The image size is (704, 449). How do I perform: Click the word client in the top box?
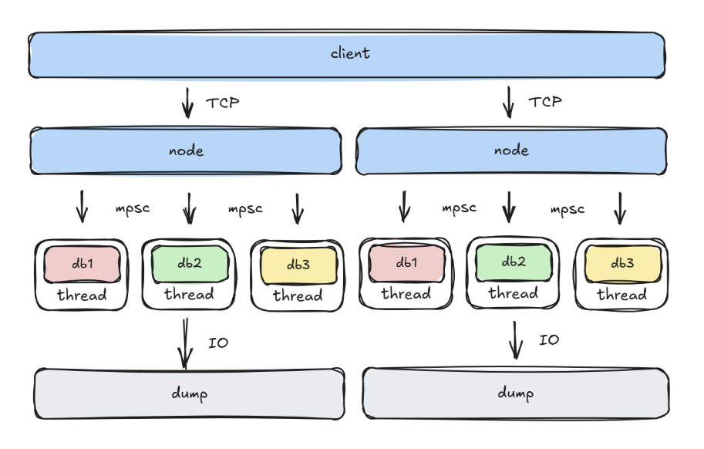(x=350, y=53)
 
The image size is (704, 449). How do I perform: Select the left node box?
(x=186, y=150)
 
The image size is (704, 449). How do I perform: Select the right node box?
(x=511, y=150)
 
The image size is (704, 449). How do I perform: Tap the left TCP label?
(x=222, y=103)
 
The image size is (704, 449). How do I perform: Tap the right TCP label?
(x=545, y=102)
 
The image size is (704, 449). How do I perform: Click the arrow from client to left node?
(x=187, y=103)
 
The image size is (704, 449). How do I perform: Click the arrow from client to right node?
(x=508, y=102)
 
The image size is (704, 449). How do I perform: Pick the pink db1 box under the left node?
(x=83, y=265)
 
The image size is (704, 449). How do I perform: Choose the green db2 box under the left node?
(x=190, y=263)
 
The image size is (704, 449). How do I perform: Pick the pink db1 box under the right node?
(x=406, y=263)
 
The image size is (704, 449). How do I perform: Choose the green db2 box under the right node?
(x=514, y=262)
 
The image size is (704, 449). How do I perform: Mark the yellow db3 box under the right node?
(x=622, y=264)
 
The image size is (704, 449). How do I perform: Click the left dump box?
(x=189, y=393)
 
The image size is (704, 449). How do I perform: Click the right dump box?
(x=515, y=393)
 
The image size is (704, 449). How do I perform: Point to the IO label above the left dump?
(x=218, y=343)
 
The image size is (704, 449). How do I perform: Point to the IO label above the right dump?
(x=548, y=340)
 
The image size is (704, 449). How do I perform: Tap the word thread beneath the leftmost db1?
(x=82, y=295)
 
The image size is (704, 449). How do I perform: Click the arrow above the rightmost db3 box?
(x=618, y=208)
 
